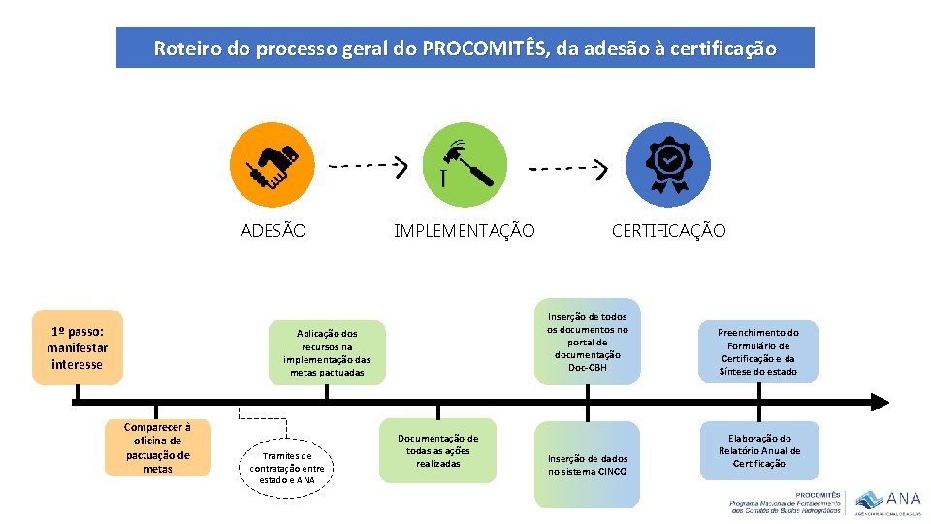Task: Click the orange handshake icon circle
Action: tap(273, 165)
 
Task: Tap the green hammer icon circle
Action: tap(465, 165)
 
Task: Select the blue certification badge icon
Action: tap(667, 165)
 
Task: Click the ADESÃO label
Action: tap(273, 231)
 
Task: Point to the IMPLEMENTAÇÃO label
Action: tap(464, 231)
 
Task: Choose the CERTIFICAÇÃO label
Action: tap(668, 231)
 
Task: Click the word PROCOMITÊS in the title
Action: tap(483, 49)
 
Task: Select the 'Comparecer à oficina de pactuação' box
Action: tap(158, 447)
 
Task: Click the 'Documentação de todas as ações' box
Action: tap(437, 451)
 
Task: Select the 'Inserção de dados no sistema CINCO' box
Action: tap(588, 465)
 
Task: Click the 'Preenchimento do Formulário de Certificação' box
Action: tap(758, 351)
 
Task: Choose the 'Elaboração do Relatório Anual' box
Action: tap(759, 451)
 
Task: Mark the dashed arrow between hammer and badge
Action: tap(567, 168)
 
